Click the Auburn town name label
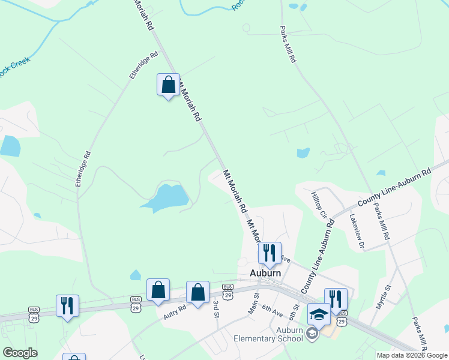[265, 273]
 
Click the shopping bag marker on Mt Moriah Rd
[168, 85]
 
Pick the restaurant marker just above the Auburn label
[270, 253]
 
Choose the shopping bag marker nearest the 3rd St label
[197, 292]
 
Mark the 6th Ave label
[272, 310]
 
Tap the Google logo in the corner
[20, 353]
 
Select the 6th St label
[293, 312]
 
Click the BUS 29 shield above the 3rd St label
[228, 291]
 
